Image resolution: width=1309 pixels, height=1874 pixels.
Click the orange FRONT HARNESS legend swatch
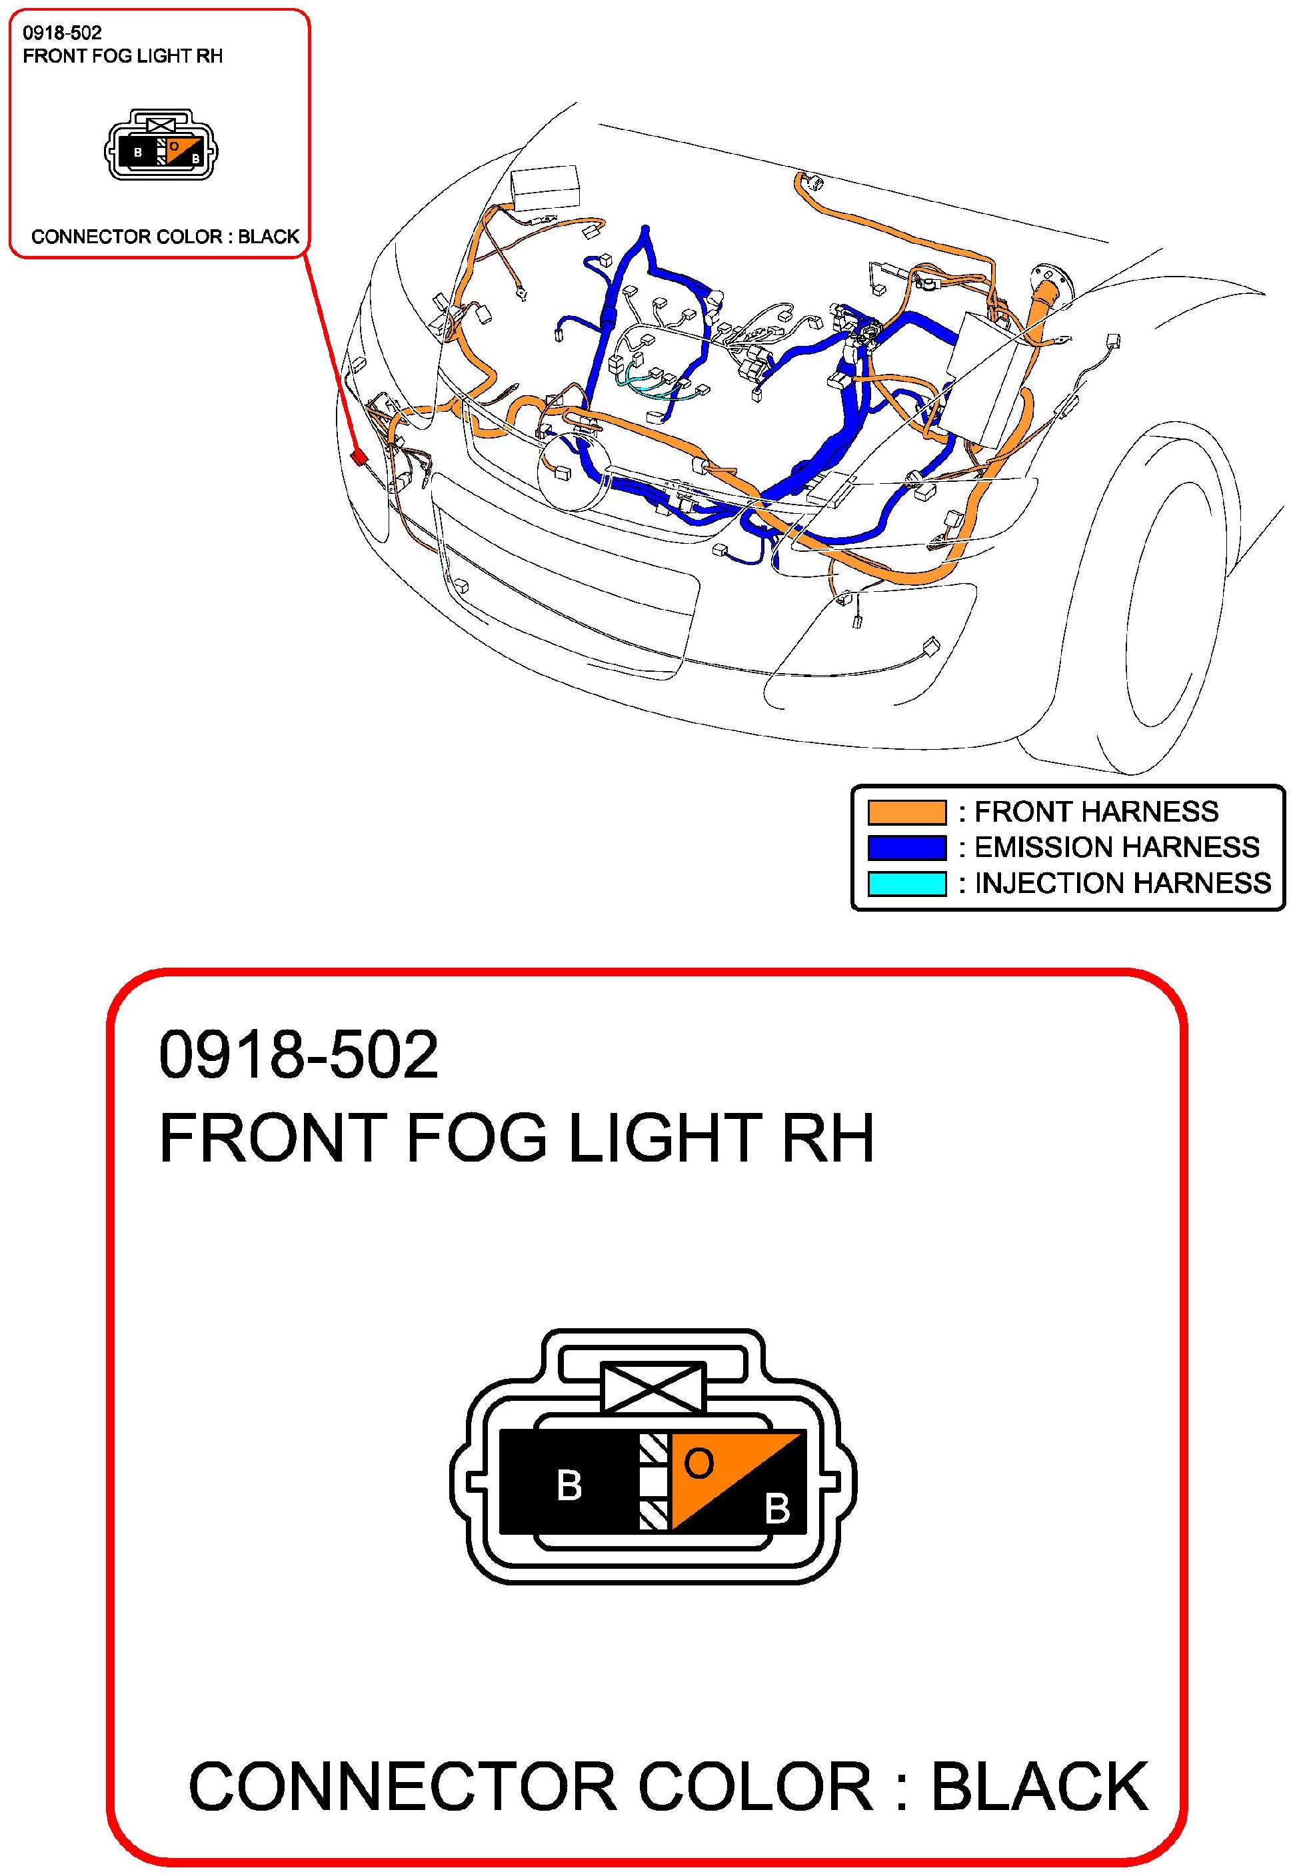pos(906,812)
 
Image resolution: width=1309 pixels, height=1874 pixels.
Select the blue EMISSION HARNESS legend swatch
pos(906,848)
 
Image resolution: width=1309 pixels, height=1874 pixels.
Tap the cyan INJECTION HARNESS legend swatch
pos(906,884)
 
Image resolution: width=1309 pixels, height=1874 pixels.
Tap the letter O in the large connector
pos(698,1463)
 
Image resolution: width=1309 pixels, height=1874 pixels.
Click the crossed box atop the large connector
pos(652,1388)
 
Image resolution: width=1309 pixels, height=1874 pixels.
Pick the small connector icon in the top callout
pos(161,145)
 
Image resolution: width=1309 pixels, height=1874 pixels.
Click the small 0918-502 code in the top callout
pos(62,33)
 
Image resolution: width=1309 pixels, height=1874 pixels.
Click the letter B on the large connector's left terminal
pos(569,1485)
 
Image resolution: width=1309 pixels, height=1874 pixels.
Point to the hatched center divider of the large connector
pos(654,1481)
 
